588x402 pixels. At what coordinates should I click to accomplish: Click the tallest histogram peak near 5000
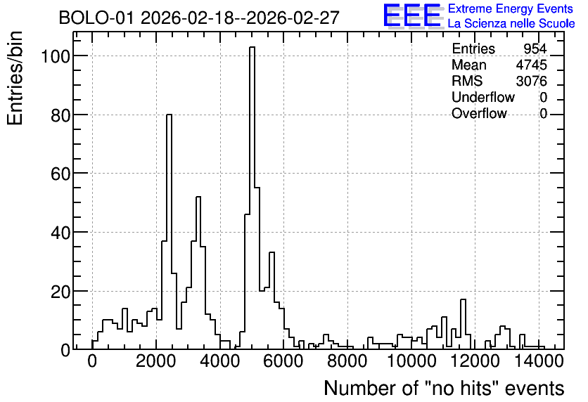[x=252, y=48]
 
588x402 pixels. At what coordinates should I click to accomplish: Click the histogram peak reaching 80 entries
[x=169, y=115]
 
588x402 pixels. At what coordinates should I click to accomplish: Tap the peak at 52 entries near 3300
[x=198, y=197]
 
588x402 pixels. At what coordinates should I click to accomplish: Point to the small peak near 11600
[x=463, y=299]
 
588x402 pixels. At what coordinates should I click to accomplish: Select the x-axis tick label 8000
[x=347, y=361]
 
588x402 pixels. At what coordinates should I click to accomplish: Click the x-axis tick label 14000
[x=538, y=361]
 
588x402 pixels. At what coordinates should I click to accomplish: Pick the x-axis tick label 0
[x=92, y=361]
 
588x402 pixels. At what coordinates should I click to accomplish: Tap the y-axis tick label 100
[x=55, y=56]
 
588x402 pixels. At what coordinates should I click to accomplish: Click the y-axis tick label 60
[x=60, y=174]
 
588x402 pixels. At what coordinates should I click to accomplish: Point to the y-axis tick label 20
[x=60, y=291]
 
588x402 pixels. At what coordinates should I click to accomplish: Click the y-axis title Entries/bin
[x=15, y=78]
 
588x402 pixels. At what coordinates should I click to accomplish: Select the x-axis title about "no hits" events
[x=444, y=388]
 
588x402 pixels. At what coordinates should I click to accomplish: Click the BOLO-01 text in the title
[x=96, y=18]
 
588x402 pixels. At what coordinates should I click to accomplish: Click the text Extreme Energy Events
[x=511, y=8]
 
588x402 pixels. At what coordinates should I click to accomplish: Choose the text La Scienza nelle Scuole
[x=511, y=23]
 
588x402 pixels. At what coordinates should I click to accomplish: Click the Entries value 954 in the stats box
[x=535, y=48]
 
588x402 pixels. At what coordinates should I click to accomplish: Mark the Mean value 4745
[x=531, y=65]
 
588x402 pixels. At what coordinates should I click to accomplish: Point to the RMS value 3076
[x=531, y=81]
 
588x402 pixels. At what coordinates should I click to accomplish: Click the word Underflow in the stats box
[x=483, y=97]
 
